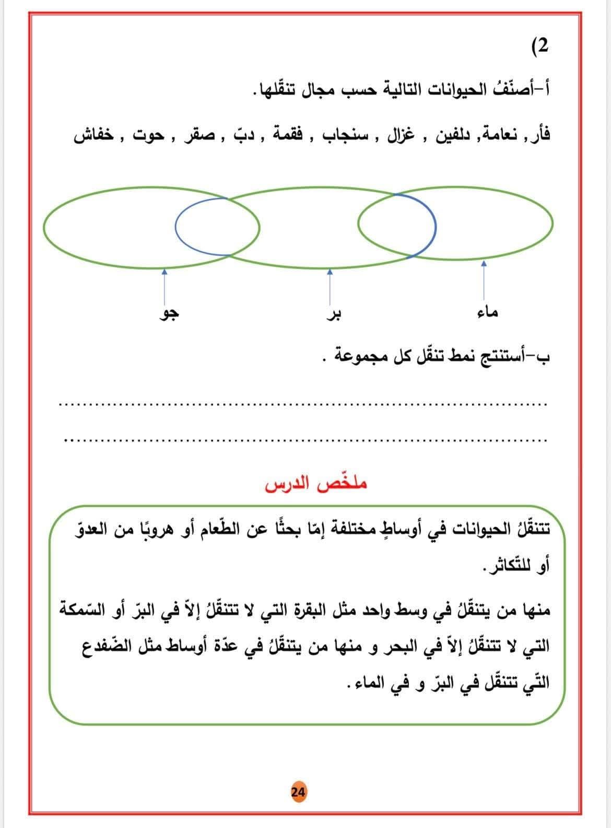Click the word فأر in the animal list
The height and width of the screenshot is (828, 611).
click(540, 136)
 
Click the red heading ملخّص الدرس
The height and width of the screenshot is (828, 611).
click(316, 483)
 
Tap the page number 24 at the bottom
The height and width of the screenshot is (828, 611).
click(299, 791)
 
